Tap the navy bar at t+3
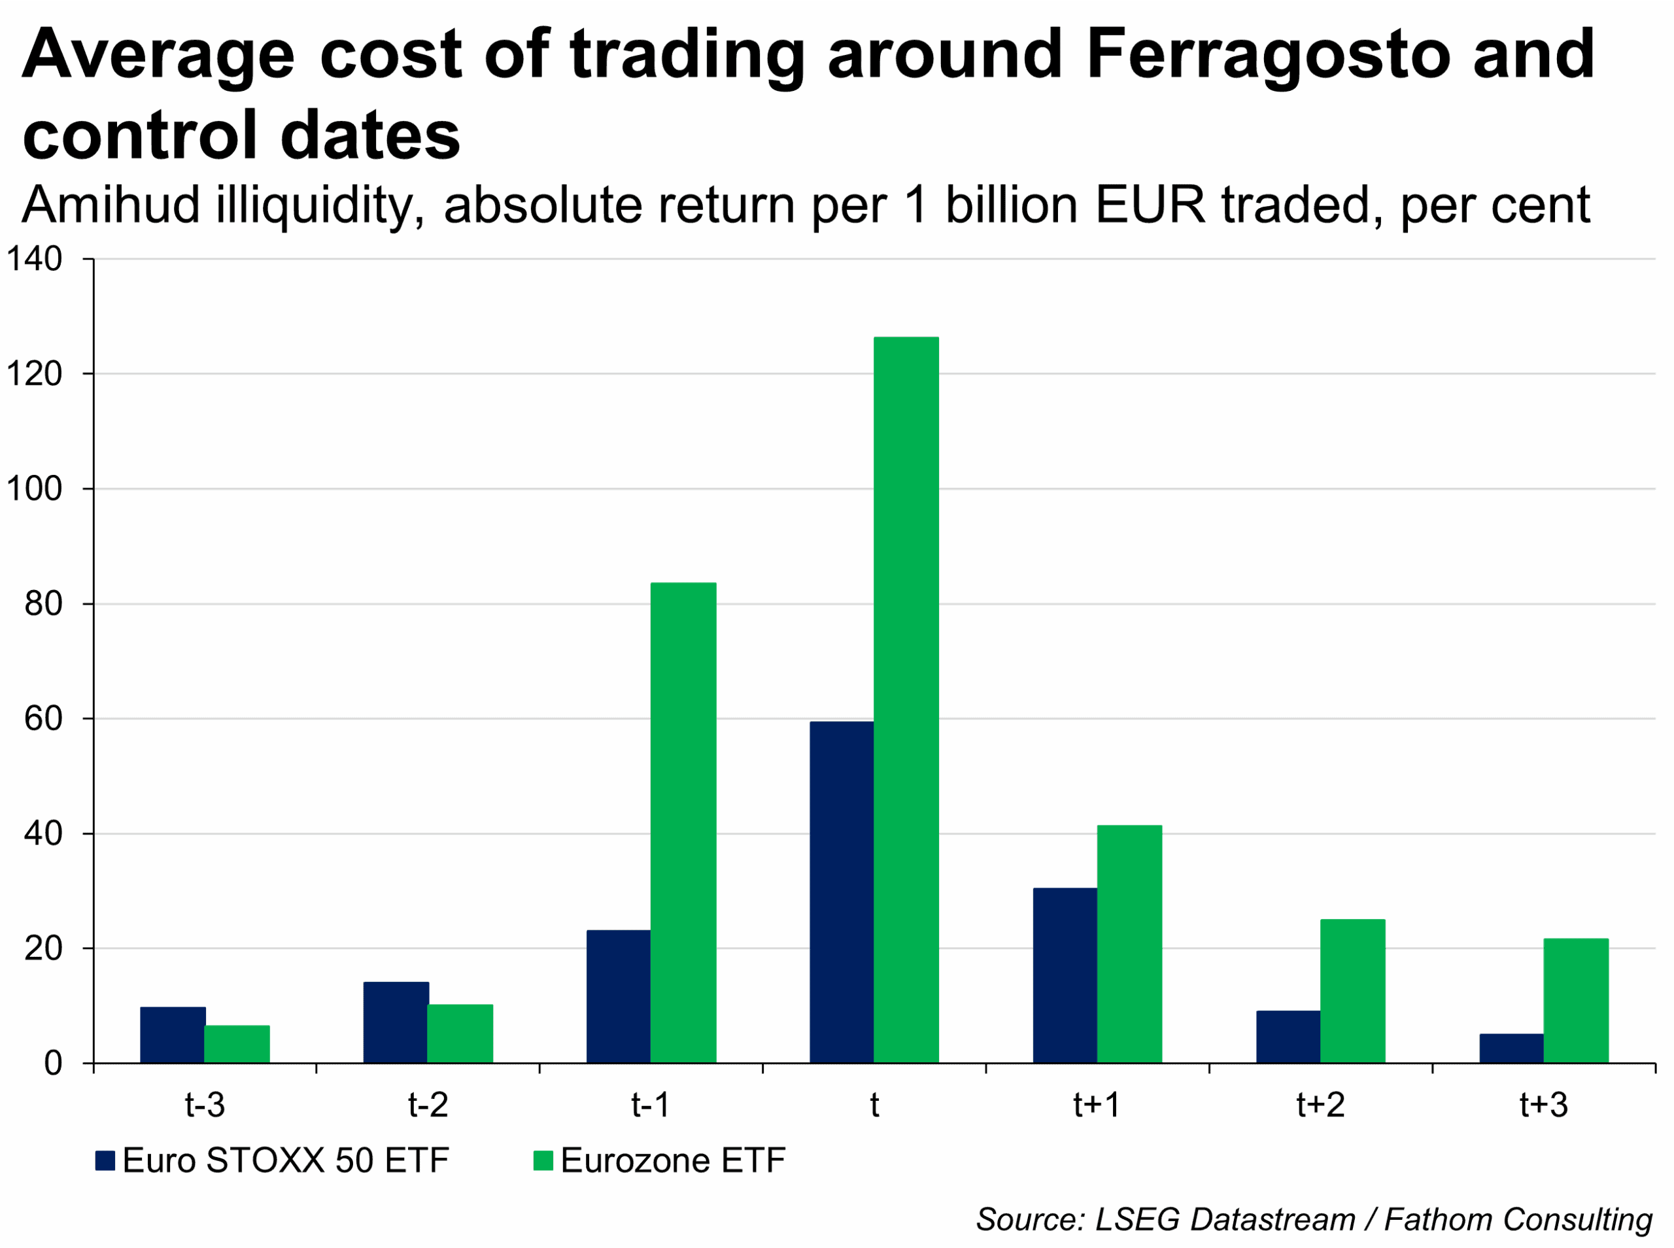pos(1512,1048)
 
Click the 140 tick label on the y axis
pos(34,259)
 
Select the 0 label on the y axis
pos(53,1064)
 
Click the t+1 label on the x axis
pos(1097,1105)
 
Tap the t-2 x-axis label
pos(428,1105)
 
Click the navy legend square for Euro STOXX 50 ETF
pos(105,1160)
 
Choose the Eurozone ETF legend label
pos(672,1160)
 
